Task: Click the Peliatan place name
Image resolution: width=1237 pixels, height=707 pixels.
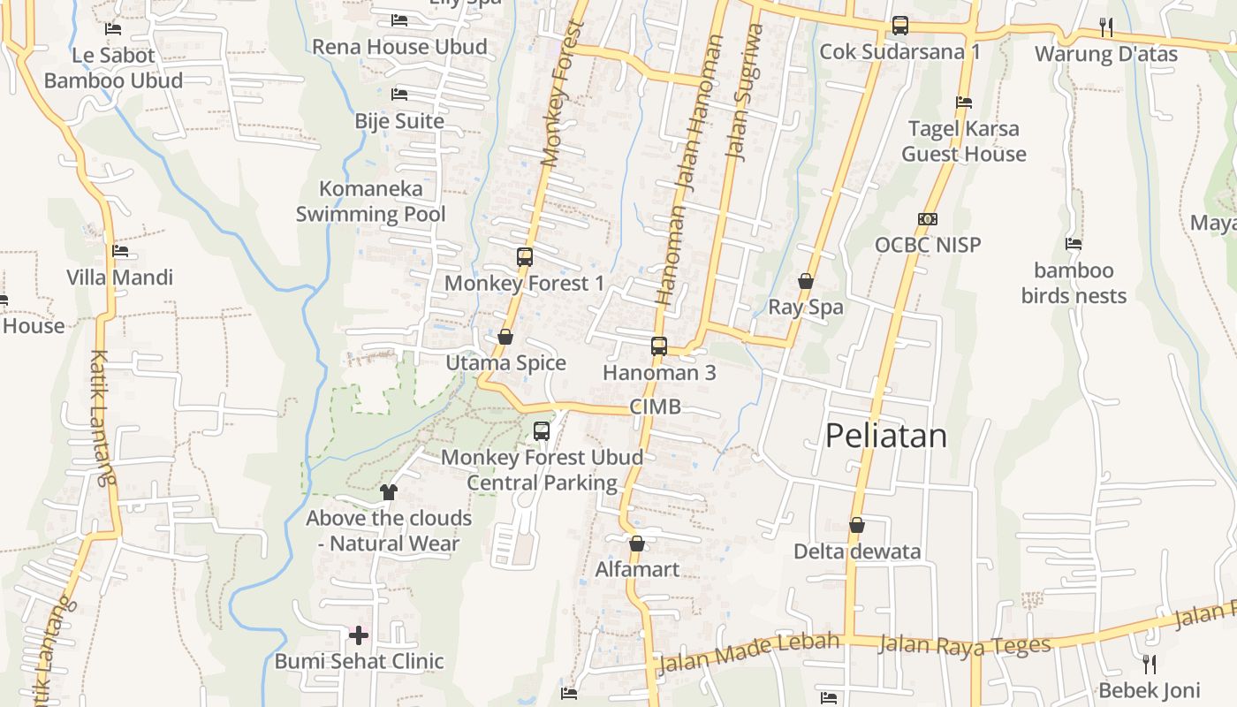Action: (885, 436)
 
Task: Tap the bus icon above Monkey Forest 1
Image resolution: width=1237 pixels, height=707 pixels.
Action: (525, 257)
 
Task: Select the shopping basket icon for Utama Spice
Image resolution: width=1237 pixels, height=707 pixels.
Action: (505, 337)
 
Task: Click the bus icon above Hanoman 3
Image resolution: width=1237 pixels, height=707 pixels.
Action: (659, 346)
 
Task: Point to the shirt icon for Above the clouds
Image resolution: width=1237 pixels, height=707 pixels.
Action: (389, 492)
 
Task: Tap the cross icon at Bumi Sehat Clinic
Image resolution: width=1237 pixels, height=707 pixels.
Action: (359, 635)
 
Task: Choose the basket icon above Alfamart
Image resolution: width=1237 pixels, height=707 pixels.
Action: (636, 544)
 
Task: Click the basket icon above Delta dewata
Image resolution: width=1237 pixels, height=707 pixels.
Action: (856, 526)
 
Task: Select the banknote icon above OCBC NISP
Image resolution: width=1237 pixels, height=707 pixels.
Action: (928, 219)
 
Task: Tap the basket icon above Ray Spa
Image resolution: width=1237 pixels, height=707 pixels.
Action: (806, 282)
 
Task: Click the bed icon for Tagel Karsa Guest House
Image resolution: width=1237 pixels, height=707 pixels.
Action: (964, 103)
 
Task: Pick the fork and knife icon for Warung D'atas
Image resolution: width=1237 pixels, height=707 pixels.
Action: (1106, 27)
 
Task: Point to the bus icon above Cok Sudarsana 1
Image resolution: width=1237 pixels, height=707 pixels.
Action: (900, 26)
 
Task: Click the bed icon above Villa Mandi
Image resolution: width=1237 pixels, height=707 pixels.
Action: (120, 251)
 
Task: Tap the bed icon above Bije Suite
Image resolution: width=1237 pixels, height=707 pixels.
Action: (399, 94)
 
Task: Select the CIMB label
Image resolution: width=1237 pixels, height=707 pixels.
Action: (656, 407)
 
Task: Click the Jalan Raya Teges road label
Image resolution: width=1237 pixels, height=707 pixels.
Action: (965, 644)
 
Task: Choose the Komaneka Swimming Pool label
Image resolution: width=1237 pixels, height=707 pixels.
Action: (370, 201)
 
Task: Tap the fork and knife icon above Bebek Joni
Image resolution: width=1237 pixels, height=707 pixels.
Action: (1149, 664)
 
